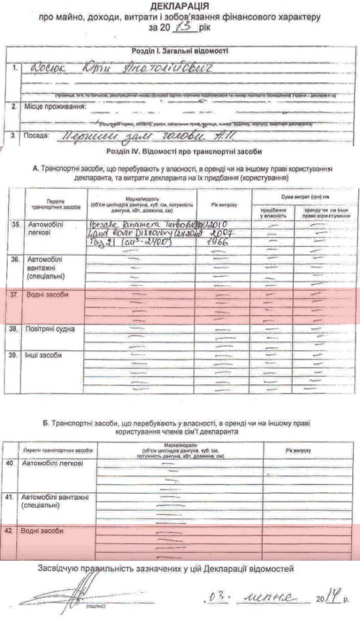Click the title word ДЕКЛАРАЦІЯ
pyautogui.click(x=179, y=8)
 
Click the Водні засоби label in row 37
pyautogui.click(x=45, y=295)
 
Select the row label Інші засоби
pyautogui.click(x=43, y=354)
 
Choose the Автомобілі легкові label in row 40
pyautogui.click(x=53, y=464)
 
